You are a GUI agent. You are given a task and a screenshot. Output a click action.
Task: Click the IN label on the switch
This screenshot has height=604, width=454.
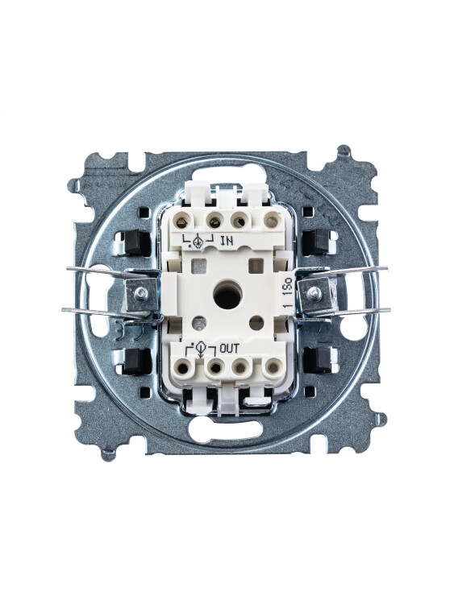point(227,242)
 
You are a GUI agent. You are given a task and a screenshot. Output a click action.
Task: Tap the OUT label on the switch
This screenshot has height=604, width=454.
point(229,349)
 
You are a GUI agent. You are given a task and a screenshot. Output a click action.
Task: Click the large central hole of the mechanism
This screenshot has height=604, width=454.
point(227,296)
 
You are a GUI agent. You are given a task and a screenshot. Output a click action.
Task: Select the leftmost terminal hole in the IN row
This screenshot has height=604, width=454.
point(182,221)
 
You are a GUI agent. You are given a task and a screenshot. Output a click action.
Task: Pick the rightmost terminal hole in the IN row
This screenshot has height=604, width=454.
point(272,221)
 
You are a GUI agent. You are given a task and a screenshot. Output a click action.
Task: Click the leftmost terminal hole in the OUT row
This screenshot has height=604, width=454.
point(183,368)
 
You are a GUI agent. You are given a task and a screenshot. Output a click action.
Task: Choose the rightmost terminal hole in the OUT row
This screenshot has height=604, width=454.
point(273,367)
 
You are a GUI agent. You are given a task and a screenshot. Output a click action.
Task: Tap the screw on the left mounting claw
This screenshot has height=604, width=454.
point(141,294)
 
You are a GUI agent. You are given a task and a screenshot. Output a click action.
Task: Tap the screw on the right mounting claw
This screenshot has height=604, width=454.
point(314,294)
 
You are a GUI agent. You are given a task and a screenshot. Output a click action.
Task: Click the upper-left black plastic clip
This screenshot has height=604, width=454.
point(135,243)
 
